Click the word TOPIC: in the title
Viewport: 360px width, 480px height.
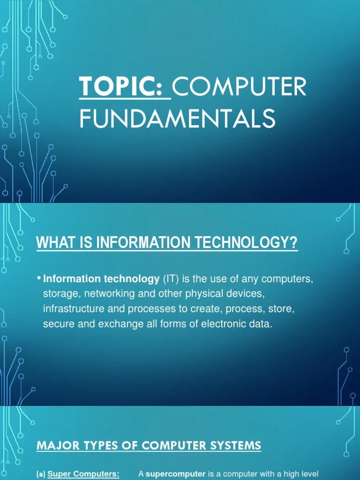(x=125, y=87)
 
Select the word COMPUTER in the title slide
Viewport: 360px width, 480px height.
(x=240, y=87)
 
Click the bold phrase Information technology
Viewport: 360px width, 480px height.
(x=101, y=279)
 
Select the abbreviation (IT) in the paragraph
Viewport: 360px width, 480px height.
(x=171, y=279)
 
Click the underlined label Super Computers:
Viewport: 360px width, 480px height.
(x=83, y=474)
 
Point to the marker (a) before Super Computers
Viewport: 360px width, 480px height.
(x=41, y=474)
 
